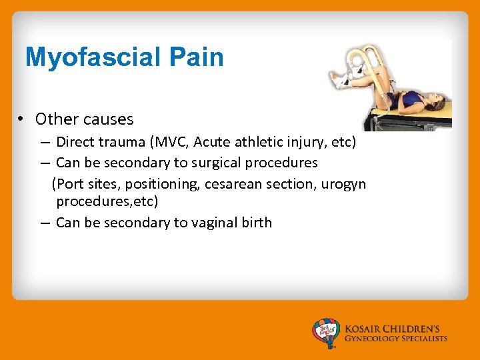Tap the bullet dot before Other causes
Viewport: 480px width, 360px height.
22,119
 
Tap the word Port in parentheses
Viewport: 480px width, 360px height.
69,183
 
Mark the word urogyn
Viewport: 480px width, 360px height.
343,183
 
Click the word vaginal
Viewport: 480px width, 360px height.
212,223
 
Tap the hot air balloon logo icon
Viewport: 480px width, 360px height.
326,332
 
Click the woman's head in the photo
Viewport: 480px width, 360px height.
437,104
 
